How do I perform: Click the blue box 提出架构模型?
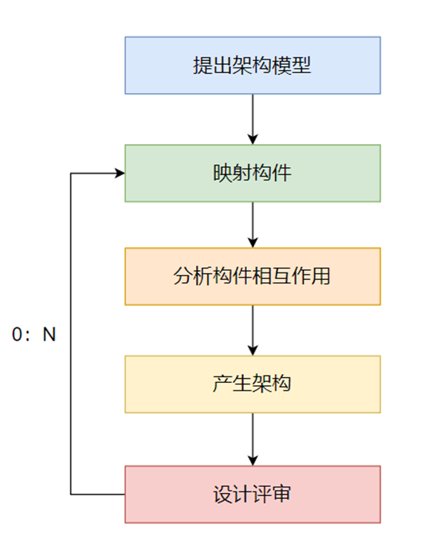[x=252, y=66]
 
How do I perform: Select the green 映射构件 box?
[x=252, y=173]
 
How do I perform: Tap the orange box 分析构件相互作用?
[x=252, y=277]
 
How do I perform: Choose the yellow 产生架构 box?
[x=252, y=384]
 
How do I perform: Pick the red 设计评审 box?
[x=252, y=494]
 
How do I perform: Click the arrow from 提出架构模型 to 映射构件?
[x=252, y=119]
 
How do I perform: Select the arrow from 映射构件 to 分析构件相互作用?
[x=252, y=224]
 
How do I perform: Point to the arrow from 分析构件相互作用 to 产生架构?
[x=252, y=330]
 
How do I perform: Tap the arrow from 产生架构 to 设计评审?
[x=252, y=439]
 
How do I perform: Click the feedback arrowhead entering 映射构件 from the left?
[x=118, y=174]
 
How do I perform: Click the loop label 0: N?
[x=34, y=335]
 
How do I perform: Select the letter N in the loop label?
[x=50, y=335]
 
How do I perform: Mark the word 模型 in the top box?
[x=291, y=66]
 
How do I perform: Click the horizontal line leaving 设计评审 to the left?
[x=97, y=494]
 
